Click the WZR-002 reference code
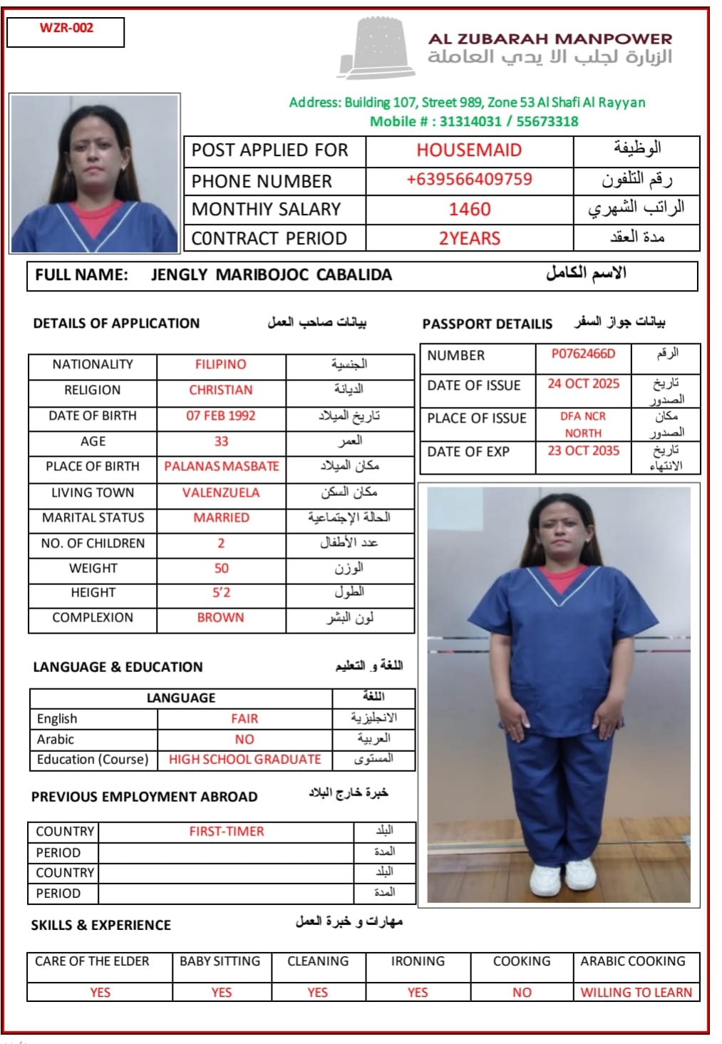point(66,29)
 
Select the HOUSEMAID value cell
point(469,150)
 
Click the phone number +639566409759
point(469,180)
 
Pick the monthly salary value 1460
point(469,210)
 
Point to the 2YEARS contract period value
point(469,239)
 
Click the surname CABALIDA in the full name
point(354,275)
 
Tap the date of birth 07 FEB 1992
point(221,416)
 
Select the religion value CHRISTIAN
point(221,391)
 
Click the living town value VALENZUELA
point(221,493)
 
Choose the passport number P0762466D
point(583,354)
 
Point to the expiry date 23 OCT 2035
point(583,451)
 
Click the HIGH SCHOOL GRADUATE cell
point(244,760)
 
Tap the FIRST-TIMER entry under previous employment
point(227,832)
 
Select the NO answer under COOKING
point(522,993)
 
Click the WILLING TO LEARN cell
point(636,993)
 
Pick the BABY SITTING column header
point(220,961)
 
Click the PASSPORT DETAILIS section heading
point(487,324)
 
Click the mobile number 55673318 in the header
point(547,122)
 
